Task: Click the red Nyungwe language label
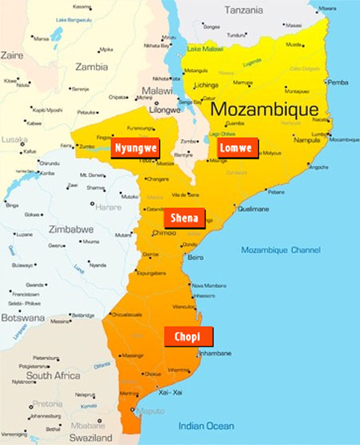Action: tap(134, 149)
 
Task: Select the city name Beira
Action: tap(196, 257)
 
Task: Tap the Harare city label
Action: tap(108, 185)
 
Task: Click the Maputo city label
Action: tap(152, 412)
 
